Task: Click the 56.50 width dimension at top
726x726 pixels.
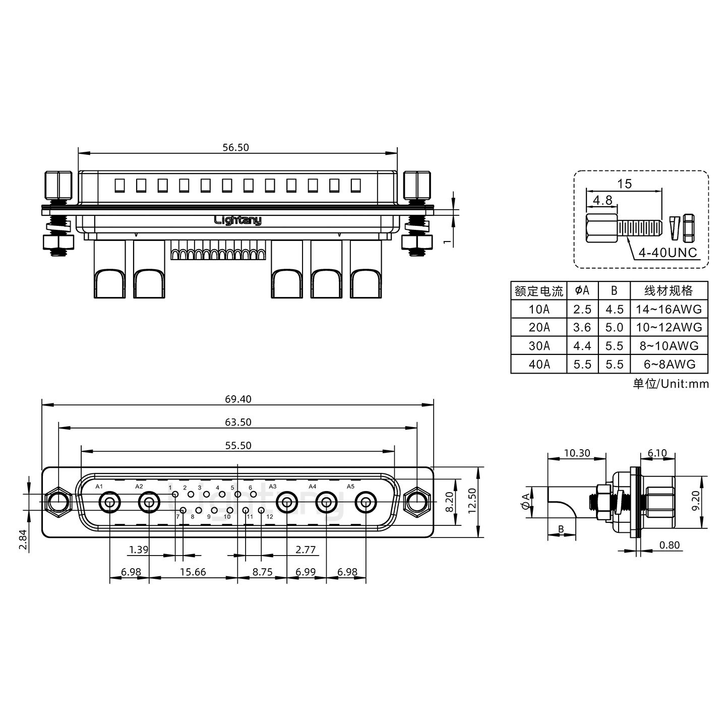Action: click(x=236, y=148)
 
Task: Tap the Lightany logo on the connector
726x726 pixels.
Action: click(x=238, y=220)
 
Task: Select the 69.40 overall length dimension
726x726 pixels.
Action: click(x=238, y=399)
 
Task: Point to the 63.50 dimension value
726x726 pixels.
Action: click(x=238, y=422)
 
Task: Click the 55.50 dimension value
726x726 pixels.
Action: click(x=238, y=446)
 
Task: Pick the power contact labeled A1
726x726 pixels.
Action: click(x=109, y=503)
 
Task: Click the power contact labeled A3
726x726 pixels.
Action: click(x=287, y=503)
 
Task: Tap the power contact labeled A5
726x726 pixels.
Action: click(x=366, y=503)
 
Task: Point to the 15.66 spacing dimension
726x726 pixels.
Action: click(x=193, y=573)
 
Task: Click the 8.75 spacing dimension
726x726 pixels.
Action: click(x=262, y=573)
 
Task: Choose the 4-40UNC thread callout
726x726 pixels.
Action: click(x=668, y=252)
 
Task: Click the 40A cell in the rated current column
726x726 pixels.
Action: click(x=539, y=365)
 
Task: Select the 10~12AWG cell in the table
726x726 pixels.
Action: click(x=669, y=328)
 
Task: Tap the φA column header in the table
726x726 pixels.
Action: click(x=582, y=290)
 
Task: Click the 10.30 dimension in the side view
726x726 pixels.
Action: click(x=577, y=453)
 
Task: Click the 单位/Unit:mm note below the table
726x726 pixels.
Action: click(x=671, y=384)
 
